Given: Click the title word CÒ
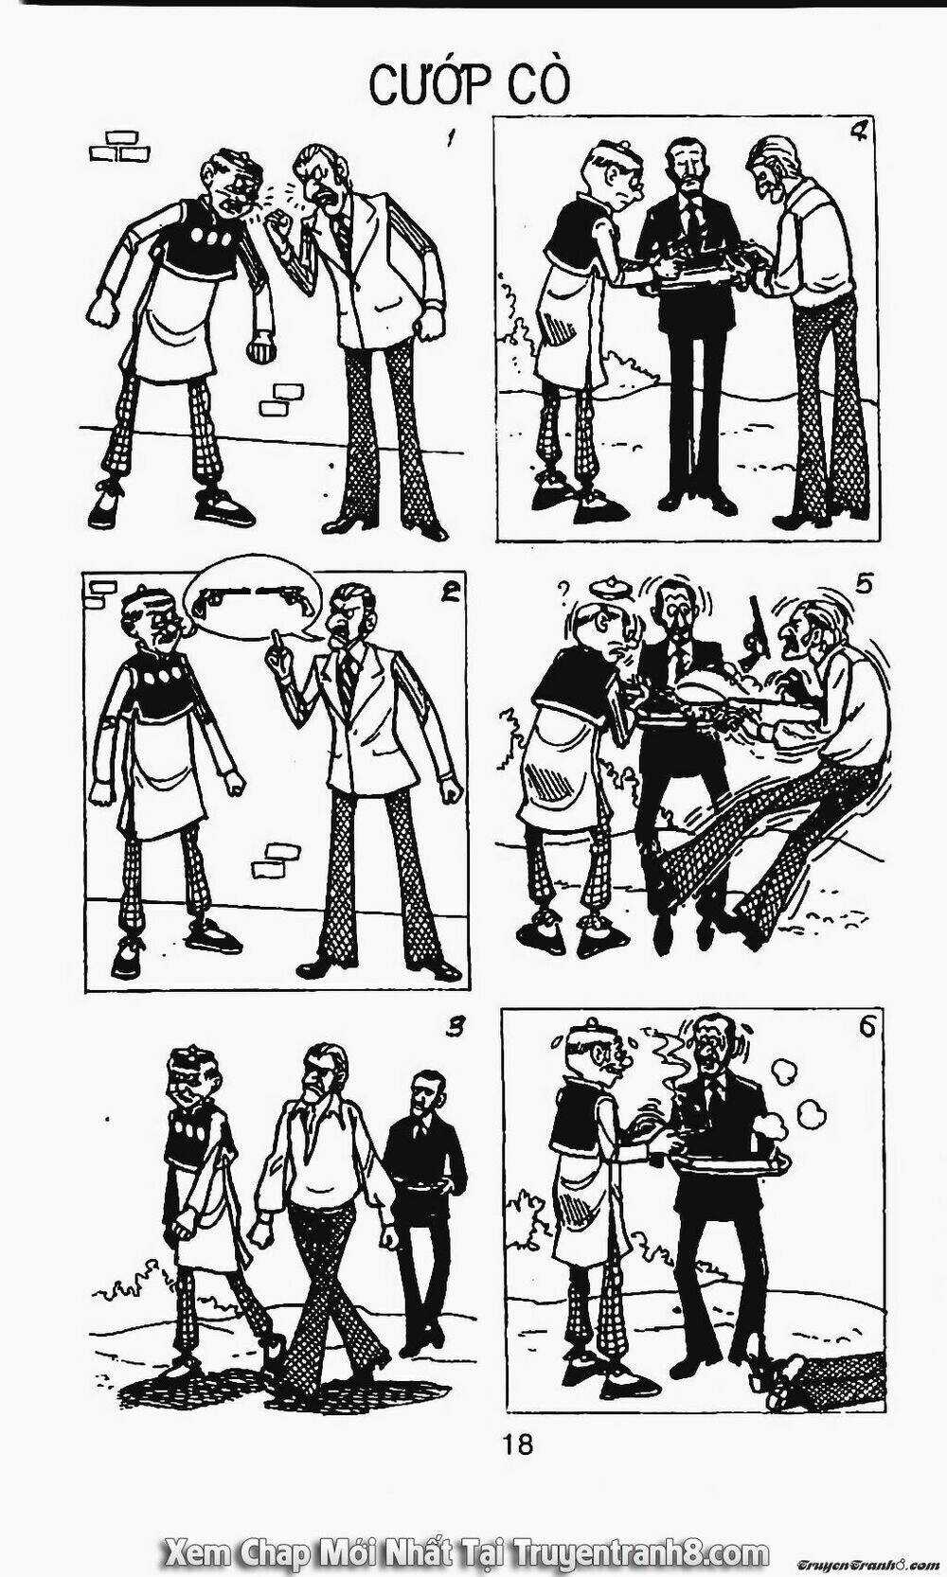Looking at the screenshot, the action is click(540, 85).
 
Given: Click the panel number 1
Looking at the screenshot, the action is click(449, 138).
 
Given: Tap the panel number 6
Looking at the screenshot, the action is click(867, 1027).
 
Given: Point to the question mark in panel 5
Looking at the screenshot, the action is click(563, 588).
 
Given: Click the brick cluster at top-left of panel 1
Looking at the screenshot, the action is click(120, 144).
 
